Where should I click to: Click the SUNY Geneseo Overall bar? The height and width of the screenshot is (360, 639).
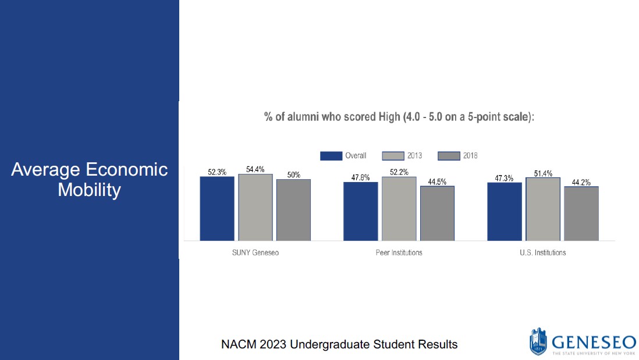pos(217,208)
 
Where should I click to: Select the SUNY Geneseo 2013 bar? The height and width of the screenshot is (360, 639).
pos(255,207)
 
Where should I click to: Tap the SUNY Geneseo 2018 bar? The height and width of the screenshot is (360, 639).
pos(293,210)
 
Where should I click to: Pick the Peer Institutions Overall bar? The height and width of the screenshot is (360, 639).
pos(360,211)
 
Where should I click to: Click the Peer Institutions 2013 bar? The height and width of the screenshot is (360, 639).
pos(399,209)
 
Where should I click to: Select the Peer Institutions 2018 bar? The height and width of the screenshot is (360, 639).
pos(437,213)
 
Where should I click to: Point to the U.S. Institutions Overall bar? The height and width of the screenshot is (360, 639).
pos(505,211)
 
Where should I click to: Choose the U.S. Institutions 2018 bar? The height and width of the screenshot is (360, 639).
pos(581,213)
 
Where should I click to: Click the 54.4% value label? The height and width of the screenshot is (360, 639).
pos(255,169)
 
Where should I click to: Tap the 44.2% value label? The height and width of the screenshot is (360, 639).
pos(581,182)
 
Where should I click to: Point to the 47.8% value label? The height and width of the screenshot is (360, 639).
pos(360,177)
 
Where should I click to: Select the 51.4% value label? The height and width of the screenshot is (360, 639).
pos(543,173)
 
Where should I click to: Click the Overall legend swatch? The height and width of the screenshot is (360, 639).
pos(331,156)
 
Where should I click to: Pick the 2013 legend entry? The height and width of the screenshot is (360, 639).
pos(402,156)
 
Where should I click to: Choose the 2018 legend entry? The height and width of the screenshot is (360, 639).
pos(457,156)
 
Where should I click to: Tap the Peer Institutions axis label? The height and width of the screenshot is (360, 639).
pos(399,253)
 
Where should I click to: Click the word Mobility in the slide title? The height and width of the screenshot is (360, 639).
pos(89,190)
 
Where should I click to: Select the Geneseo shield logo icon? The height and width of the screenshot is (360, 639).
pos(538,341)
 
